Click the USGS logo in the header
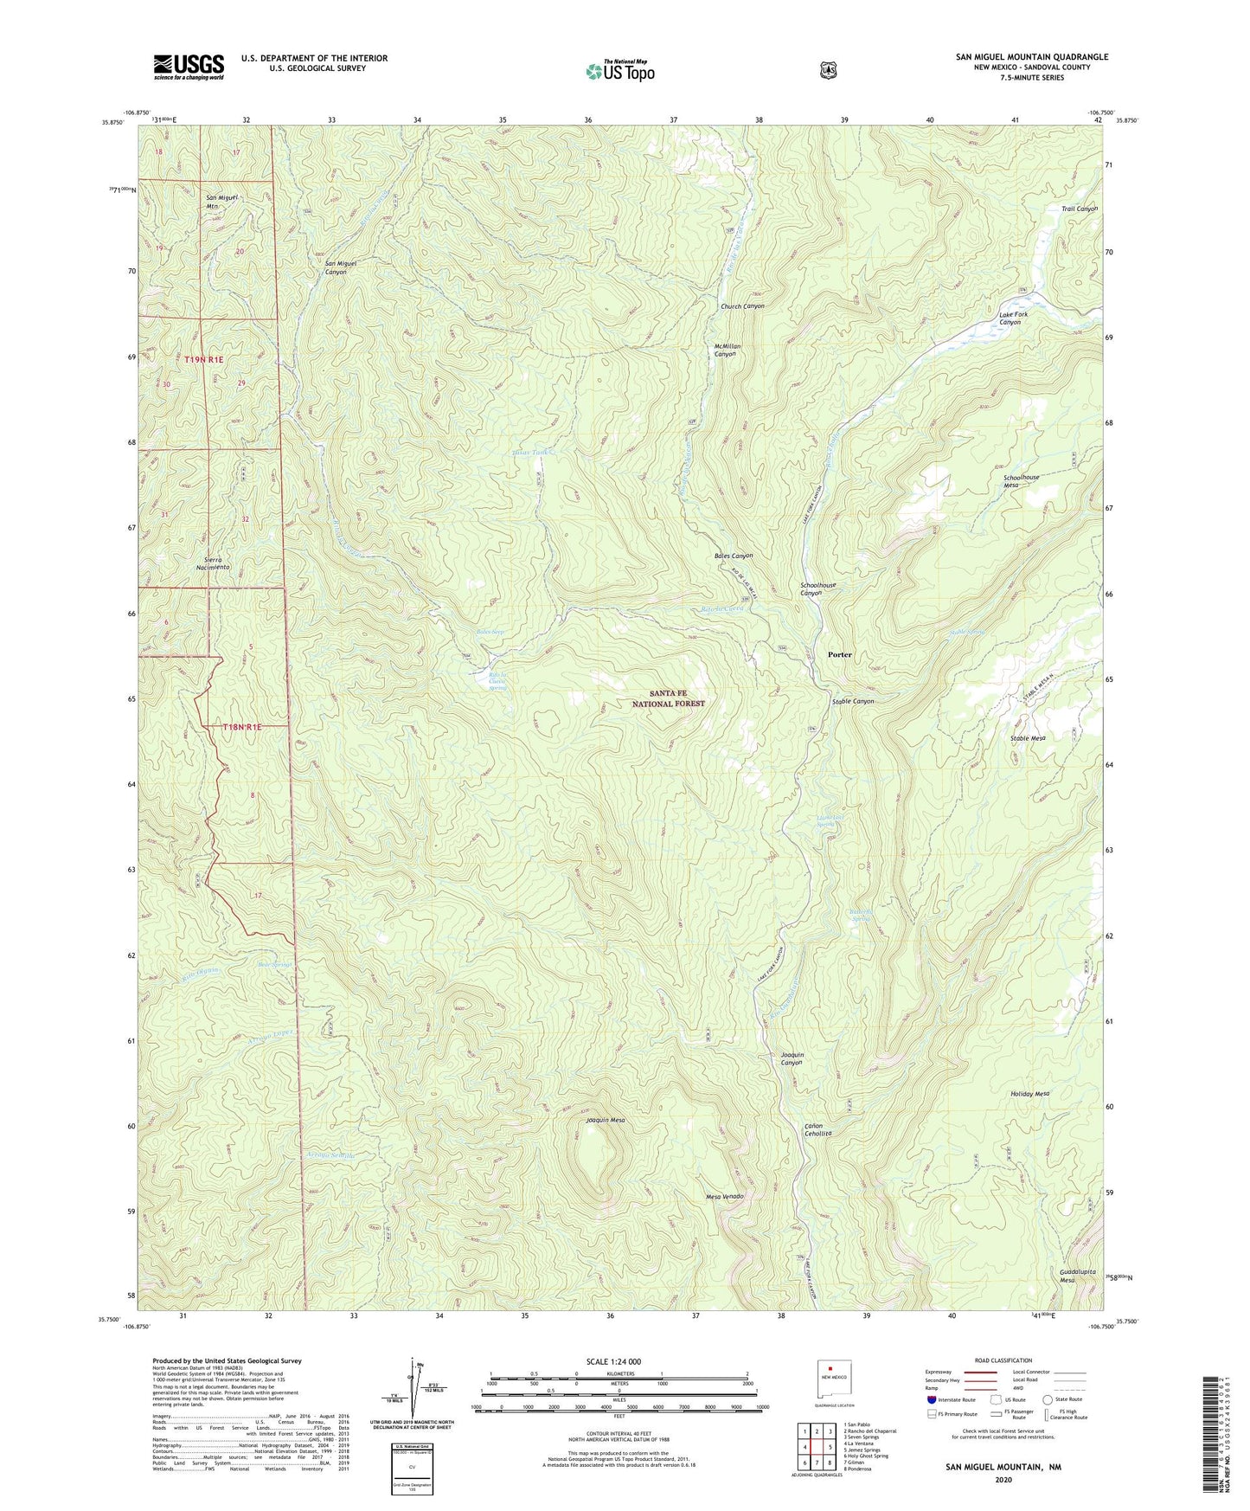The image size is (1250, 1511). (x=189, y=67)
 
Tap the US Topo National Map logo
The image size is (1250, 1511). (x=619, y=71)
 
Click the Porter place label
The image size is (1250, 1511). (x=839, y=655)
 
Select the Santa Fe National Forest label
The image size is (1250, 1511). (x=665, y=698)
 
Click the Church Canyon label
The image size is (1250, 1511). (x=742, y=306)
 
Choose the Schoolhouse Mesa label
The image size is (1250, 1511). (x=1021, y=481)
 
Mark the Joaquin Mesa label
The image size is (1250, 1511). (x=606, y=1121)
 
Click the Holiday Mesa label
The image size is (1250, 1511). (x=1029, y=1094)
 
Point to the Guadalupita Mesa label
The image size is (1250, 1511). (x=1078, y=1276)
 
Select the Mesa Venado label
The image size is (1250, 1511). (x=725, y=1197)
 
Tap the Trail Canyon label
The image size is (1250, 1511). (x=1079, y=209)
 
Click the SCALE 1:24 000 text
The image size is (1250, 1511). (x=613, y=1362)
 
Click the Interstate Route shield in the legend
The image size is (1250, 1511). (x=931, y=1399)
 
